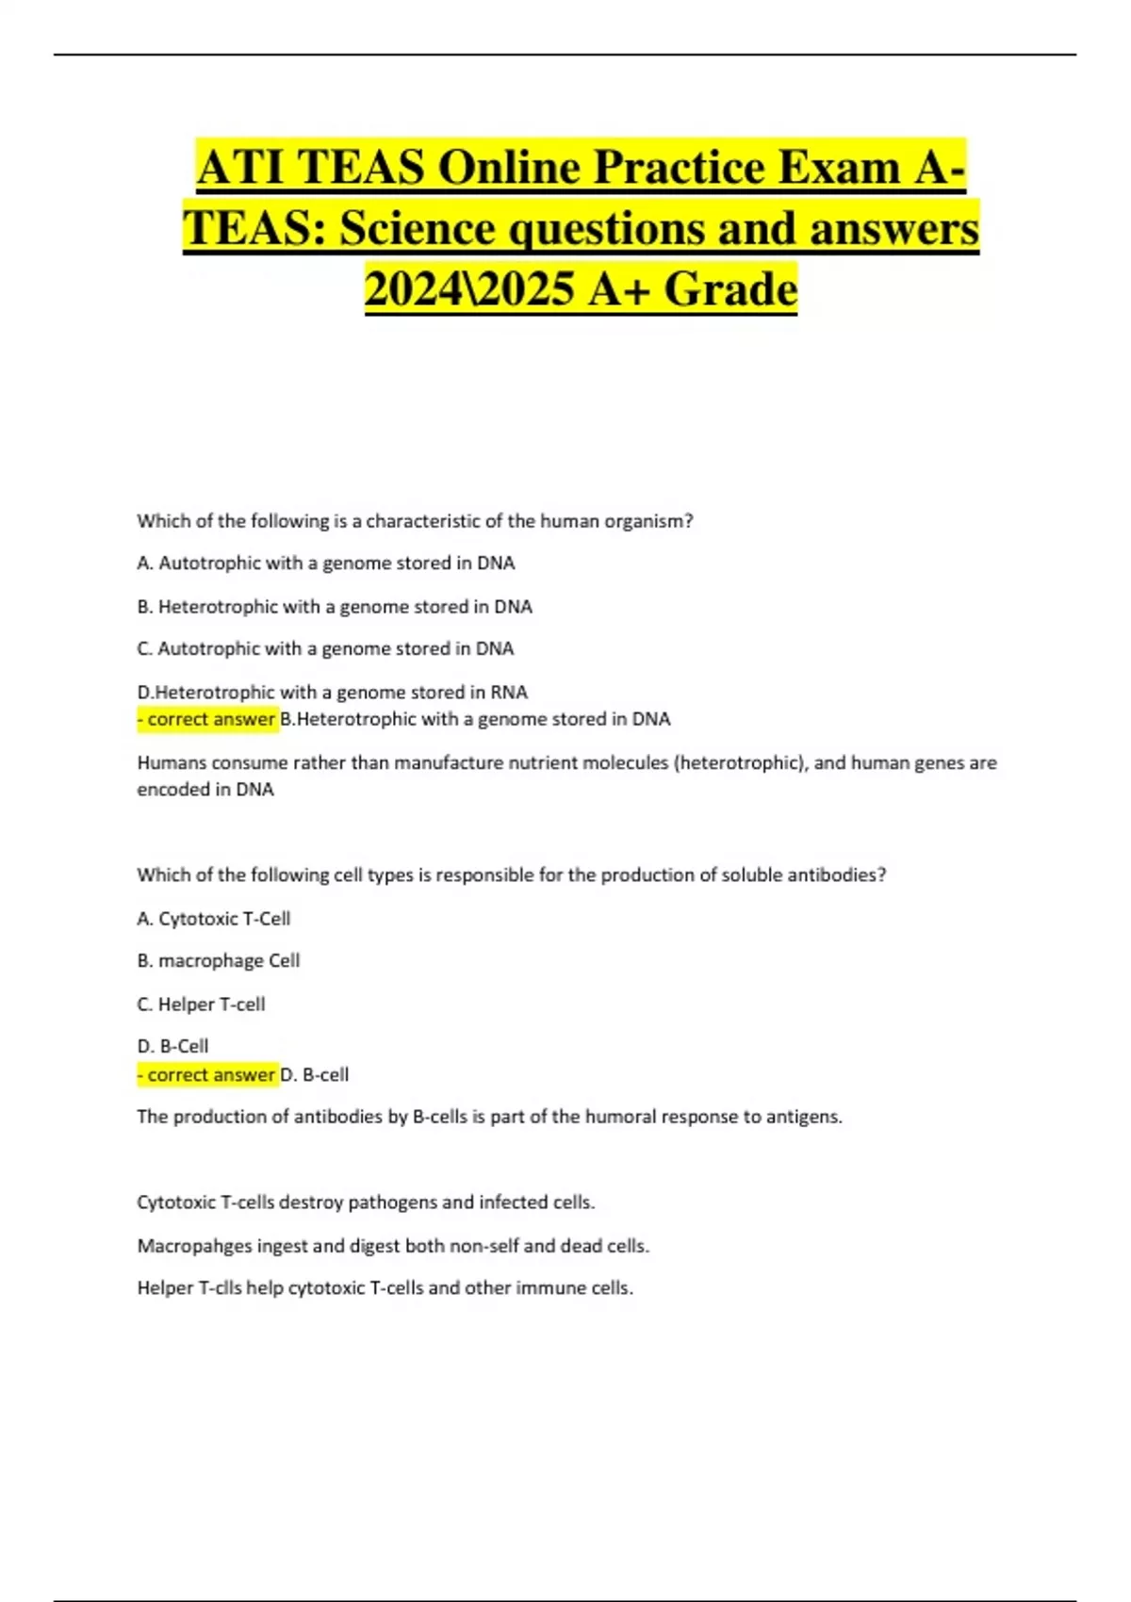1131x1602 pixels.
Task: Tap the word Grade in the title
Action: [730, 288]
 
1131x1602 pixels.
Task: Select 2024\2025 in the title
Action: [469, 288]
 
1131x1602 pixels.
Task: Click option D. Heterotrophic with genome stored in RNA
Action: [332, 692]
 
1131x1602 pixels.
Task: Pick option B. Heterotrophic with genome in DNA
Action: [335, 607]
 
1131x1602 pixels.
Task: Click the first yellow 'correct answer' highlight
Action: [207, 720]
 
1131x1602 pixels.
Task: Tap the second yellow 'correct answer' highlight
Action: [207, 1074]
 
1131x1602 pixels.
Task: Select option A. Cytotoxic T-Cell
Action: [214, 919]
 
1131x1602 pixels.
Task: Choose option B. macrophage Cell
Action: [219, 961]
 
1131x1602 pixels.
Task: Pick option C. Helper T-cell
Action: [201, 1005]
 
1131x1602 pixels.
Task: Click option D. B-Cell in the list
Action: [172, 1047]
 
